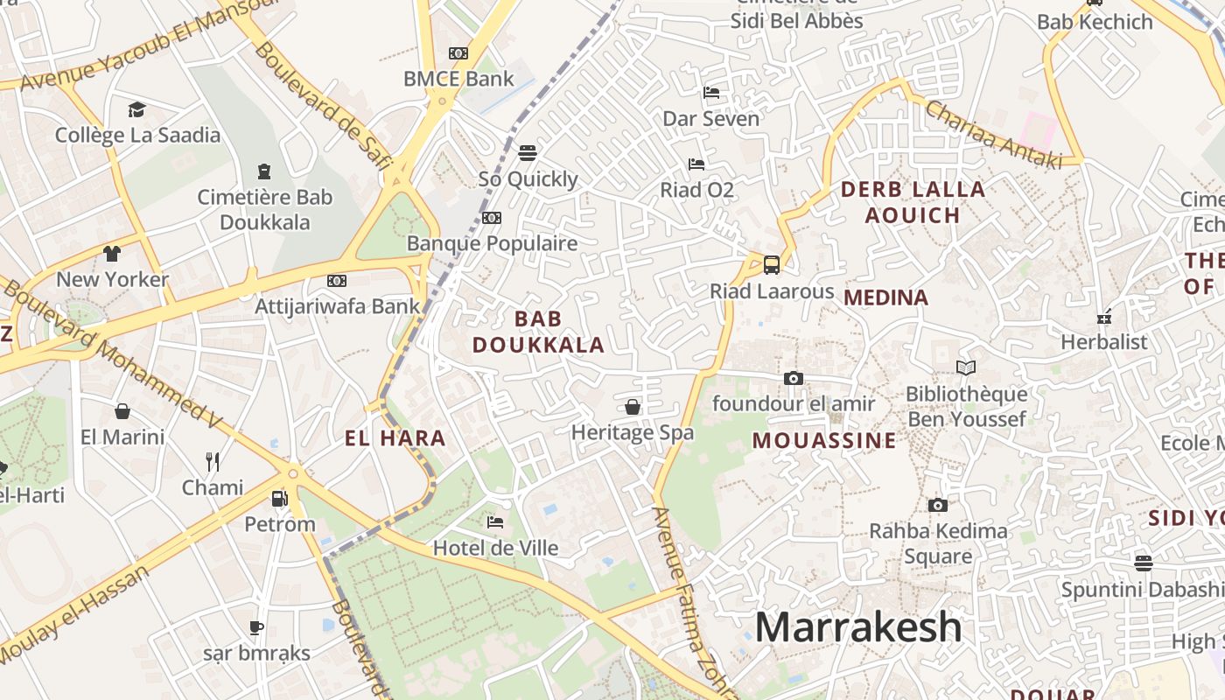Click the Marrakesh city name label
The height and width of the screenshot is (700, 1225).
(x=857, y=627)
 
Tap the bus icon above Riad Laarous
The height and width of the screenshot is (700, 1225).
(x=772, y=264)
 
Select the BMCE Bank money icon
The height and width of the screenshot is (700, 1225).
(x=458, y=53)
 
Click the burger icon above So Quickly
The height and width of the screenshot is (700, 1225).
(x=527, y=153)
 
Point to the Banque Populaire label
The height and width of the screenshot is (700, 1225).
(x=492, y=243)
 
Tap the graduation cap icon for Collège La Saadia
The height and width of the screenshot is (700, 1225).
(x=136, y=109)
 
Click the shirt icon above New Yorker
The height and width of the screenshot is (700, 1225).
(x=112, y=254)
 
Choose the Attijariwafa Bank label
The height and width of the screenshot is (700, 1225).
(x=337, y=307)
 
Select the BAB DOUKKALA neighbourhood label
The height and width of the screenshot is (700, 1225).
(x=538, y=332)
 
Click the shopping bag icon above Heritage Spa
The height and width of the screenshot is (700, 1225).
(x=633, y=407)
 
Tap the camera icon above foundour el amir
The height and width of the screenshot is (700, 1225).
(x=794, y=378)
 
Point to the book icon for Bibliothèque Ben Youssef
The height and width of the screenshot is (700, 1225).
(x=965, y=368)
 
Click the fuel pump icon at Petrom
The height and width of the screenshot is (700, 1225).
(x=279, y=499)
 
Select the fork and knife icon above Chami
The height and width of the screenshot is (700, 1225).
(x=213, y=461)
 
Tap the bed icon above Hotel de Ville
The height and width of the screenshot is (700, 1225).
(x=495, y=522)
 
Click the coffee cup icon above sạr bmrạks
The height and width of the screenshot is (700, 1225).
(x=256, y=627)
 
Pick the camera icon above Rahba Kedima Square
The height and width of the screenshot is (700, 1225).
(x=937, y=505)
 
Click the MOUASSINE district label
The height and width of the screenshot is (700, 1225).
(x=824, y=440)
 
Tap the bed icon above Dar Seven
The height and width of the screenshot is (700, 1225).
(x=711, y=93)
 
